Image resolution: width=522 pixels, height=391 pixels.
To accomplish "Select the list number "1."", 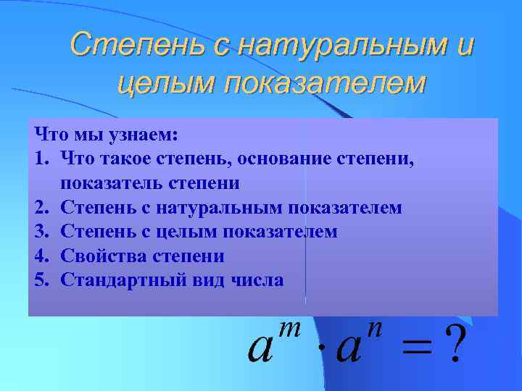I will point(42,159).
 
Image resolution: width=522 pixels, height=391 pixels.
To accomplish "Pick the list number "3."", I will point(42,232).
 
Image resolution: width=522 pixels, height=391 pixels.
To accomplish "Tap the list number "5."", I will point(42,279).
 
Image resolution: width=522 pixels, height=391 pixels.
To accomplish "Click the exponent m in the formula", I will point(290,329).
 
